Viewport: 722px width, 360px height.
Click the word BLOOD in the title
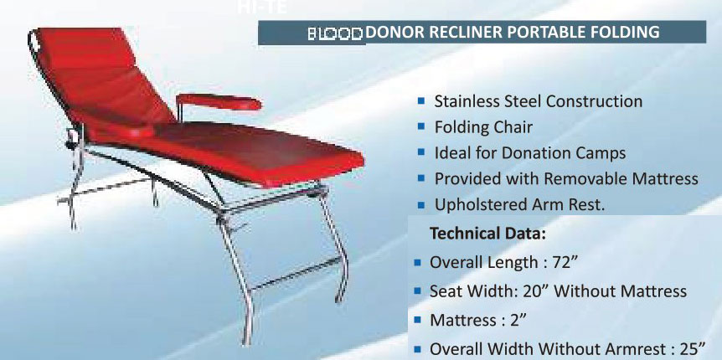tap(335, 34)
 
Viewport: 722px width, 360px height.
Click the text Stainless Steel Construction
tap(538, 101)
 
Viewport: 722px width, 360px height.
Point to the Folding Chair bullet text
tap(483, 128)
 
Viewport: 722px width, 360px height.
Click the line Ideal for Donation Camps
tap(529, 154)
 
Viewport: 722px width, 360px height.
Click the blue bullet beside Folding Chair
tap(422, 128)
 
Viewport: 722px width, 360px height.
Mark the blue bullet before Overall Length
tap(417, 262)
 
